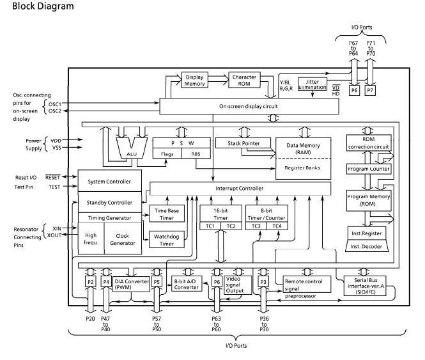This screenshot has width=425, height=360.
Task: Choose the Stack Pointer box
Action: coord(238,143)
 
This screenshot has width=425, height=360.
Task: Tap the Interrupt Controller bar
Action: coord(240,187)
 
